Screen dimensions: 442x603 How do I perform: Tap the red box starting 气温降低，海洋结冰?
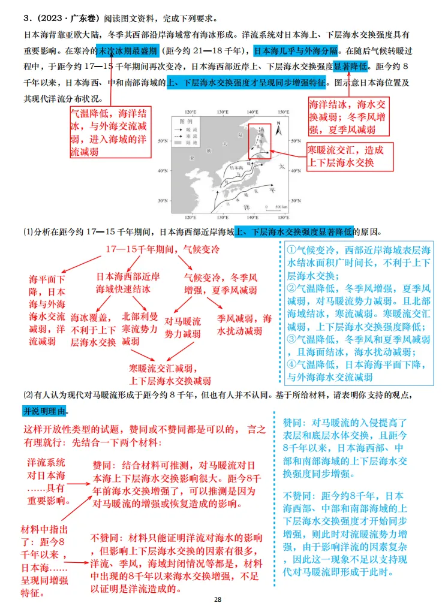click(x=110, y=132)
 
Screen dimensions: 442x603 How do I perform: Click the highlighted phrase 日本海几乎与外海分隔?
click(x=296, y=50)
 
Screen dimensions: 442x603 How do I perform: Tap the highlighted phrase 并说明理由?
click(x=46, y=411)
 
